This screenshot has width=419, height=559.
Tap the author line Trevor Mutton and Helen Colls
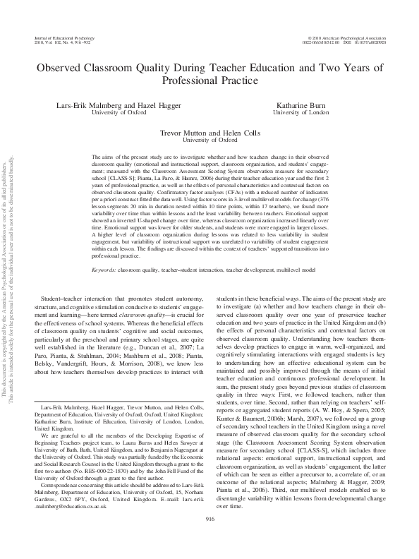coord(209,132)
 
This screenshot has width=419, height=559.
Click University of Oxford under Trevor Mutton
coord(209,140)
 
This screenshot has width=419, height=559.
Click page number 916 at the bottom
coord(209,519)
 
